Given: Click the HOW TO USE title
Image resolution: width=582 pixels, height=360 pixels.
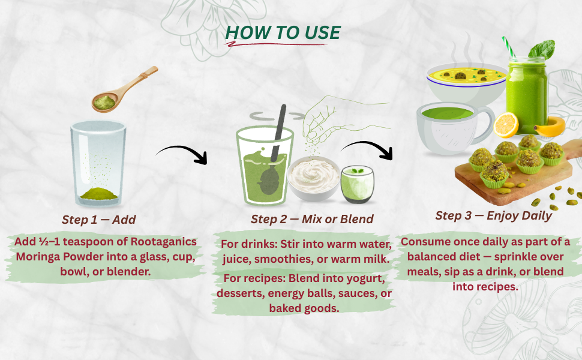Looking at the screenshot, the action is click(x=283, y=32).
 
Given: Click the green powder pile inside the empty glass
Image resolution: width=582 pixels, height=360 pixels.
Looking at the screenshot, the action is click(x=99, y=193).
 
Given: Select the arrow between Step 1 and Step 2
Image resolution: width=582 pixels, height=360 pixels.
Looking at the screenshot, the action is click(x=182, y=153).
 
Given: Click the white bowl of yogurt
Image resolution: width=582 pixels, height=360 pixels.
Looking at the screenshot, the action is click(x=314, y=178).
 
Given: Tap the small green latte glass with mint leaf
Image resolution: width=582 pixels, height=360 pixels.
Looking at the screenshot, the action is click(x=357, y=184).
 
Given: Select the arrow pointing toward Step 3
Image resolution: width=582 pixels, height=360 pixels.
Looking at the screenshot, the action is click(x=367, y=148).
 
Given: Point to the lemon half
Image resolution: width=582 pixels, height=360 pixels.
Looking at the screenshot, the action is click(x=506, y=125).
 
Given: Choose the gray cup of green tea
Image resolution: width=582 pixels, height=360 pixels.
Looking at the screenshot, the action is click(x=454, y=128).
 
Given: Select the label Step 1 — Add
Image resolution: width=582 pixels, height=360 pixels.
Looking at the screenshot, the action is click(x=99, y=220).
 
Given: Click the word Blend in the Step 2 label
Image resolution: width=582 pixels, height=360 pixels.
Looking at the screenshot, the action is click(x=356, y=219).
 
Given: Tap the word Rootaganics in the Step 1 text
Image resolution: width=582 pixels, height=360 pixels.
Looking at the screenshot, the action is click(x=164, y=242).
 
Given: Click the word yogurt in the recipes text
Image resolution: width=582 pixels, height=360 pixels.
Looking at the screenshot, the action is click(x=364, y=278).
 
